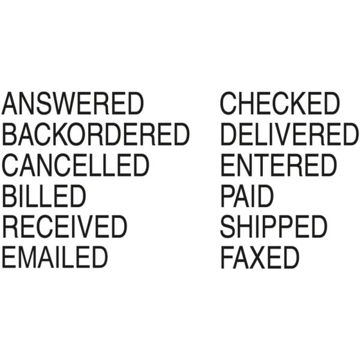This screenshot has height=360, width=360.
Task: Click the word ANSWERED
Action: pos(73,104)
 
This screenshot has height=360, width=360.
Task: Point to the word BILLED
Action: pos(44,196)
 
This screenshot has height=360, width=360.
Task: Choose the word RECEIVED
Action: pos(64,227)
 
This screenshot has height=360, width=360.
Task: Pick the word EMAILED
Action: pos(55,257)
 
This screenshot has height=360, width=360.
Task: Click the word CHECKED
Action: pos(280,104)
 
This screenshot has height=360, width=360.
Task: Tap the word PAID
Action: pos(247,196)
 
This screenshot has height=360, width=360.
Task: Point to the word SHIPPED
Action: pos(274,227)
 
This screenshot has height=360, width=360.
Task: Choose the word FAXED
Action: pos(260,257)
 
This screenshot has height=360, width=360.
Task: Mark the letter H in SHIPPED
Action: pos(247,227)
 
